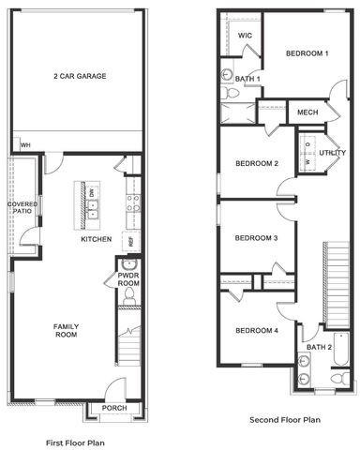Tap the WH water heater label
point(26,144)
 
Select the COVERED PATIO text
point(22,208)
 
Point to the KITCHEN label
point(96,239)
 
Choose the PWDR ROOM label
point(128,279)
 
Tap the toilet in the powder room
point(128,298)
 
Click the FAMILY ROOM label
point(66,330)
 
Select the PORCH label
point(114,407)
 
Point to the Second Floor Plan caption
point(284,421)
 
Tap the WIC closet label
point(245,36)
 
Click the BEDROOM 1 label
point(307,53)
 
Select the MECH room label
point(307,112)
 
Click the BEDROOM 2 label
point(257,164)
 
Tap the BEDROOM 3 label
point(257,238)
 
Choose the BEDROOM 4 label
point(257,330)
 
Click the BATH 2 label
point(320,347)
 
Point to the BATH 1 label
point(247,79)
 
